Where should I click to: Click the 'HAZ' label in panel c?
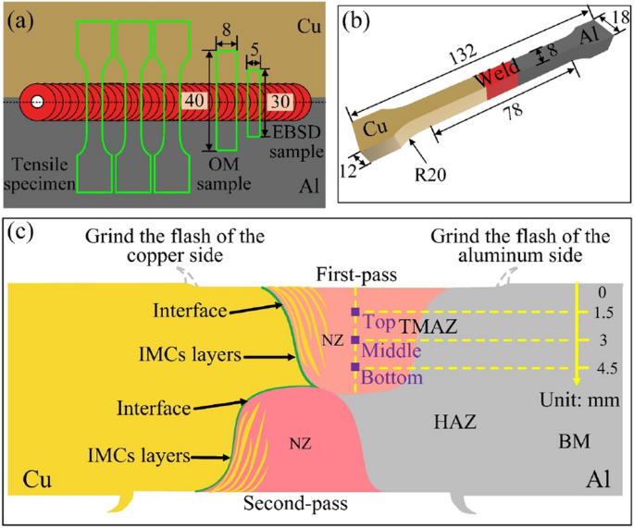coord(454,422)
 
